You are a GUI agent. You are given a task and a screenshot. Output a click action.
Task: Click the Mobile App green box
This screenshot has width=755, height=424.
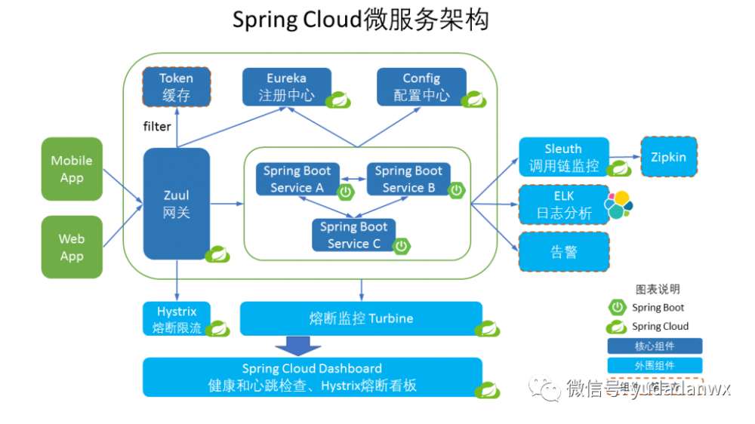[72, 169]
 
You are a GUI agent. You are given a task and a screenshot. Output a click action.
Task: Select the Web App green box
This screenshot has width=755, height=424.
[72, 247]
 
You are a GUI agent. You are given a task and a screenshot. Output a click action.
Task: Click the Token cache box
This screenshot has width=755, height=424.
[176, 87]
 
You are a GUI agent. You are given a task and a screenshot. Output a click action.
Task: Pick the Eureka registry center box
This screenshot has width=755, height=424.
[286, 87]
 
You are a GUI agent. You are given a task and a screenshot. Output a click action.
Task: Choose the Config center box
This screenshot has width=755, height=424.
[421, 87]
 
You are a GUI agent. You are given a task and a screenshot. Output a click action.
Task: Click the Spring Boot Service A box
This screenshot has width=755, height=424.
[297, 180]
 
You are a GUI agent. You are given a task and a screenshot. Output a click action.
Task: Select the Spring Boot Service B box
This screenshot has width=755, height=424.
[408, 180]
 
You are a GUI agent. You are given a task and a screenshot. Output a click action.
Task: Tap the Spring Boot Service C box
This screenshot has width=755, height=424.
[353, 235]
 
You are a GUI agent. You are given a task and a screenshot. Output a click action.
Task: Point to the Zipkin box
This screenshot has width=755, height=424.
[668, 157]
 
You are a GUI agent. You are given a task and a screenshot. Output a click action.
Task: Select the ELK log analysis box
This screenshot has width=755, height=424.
[563, 204]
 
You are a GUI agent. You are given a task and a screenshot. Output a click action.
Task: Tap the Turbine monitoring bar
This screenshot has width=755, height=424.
[361, 318]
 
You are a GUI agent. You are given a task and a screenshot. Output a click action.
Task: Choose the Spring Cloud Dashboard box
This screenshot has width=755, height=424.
[312, 376]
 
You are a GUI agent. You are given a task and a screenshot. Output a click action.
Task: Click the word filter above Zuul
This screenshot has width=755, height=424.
[157, 126]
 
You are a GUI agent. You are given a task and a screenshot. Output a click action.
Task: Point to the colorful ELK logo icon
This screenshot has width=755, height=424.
[618, 204]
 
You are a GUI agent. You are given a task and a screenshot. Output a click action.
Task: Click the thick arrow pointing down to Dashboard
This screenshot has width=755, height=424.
[297, 346]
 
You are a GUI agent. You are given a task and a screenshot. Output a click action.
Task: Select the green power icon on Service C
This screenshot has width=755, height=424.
[402, 244]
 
